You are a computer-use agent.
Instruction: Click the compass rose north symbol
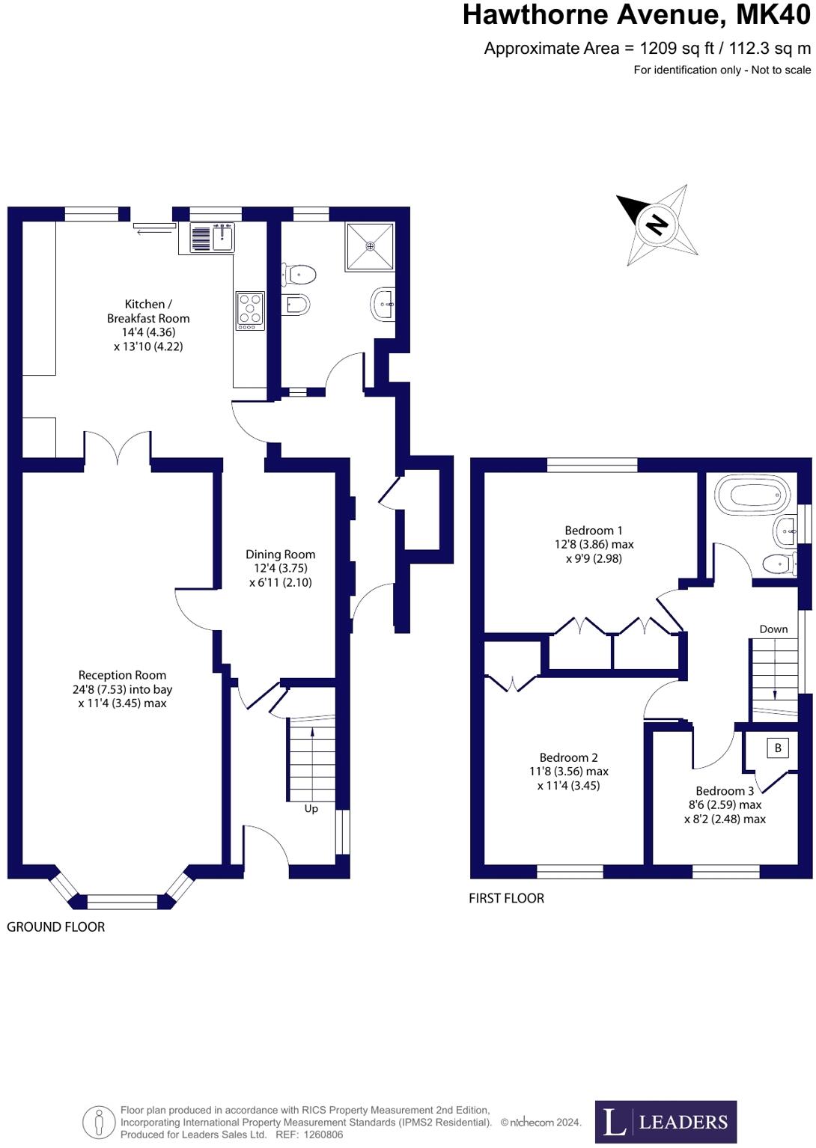click(657, 224)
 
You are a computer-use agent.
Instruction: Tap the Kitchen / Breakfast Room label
click(148, 311)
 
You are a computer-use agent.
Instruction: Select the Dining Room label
click(281, 555)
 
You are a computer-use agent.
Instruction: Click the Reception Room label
click(122, 675)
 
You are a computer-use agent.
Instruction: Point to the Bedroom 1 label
click(594, 531)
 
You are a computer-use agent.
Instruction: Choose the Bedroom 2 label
click(569, 757)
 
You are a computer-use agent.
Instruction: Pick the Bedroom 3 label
click(725, 791)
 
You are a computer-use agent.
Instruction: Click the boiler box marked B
click(778, 748)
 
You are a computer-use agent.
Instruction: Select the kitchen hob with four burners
click(250, 310)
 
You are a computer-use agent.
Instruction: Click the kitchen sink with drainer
click(213, 238)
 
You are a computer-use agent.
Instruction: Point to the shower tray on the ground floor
click(369, 246)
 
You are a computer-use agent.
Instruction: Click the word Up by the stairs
click(311, 808)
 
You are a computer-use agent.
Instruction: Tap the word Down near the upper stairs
click(773, 629)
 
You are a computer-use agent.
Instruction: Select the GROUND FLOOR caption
click(56, 926)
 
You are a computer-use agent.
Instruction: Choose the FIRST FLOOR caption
click(506, 898)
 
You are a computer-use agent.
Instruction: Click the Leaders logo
click(666, 1121)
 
